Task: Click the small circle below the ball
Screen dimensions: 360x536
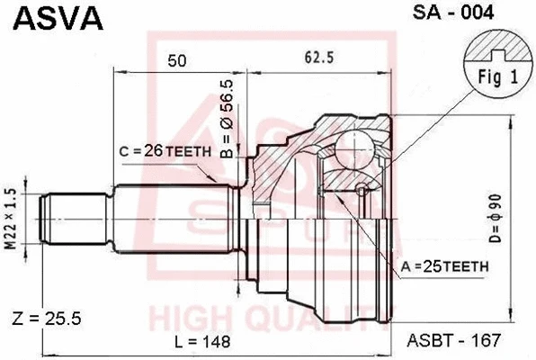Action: pos(362,189)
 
